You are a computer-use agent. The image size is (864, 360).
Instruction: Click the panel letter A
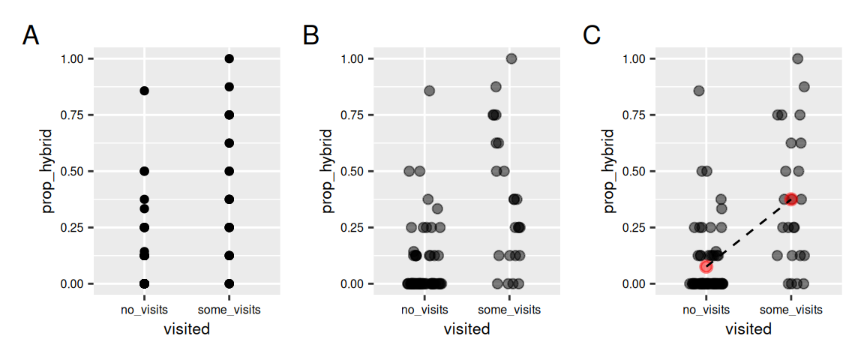coord(31,35)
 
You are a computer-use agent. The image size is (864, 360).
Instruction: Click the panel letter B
coord(311,35)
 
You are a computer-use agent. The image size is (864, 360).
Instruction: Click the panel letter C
coord(592,35)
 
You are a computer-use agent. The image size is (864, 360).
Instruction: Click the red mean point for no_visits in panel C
coord(706,266)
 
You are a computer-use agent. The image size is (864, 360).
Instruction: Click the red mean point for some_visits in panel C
coord(791,199)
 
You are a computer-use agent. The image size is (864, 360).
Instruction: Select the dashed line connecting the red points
coord(748,232)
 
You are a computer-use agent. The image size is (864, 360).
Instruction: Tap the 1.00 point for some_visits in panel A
coord(229,58)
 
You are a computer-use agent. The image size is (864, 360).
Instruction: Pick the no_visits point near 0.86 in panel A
coord(145,91)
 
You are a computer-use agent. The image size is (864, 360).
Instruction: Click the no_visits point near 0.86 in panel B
coord(430,91)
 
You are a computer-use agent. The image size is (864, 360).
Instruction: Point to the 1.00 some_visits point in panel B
coord(511,58)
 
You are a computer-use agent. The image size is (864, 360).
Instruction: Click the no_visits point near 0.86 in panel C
coord(699,91)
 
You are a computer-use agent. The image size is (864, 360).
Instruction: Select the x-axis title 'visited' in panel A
coord(187,328)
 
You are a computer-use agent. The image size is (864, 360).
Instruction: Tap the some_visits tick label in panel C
coord(791,310)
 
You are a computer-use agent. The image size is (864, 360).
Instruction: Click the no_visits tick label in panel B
coord(424,310)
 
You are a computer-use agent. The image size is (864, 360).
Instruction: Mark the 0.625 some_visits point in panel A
coord(229,142)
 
